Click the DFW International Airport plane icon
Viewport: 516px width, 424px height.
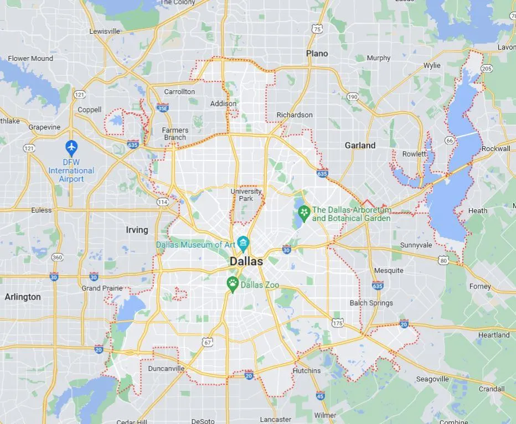coord(71,147)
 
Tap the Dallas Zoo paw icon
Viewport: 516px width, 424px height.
coord(233,285)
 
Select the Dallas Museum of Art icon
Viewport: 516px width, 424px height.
coord(242,243)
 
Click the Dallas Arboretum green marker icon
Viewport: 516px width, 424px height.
coord(303,212)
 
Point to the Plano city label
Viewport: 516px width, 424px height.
coord(317,54)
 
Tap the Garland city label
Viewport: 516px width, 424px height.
coord(360,146)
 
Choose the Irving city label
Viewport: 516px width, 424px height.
coord(137,230)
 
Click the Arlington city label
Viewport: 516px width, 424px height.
coord(23,297)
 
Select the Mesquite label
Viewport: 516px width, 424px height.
coord(389,271)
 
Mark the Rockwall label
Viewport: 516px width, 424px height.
coord(496,148)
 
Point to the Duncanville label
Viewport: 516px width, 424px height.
coord(166,368)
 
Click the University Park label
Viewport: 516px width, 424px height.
coord(246,195)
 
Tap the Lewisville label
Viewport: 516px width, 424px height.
coord(105,32)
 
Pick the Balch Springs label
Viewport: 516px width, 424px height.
coord(371,303)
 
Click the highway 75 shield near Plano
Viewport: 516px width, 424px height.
coord(317,28)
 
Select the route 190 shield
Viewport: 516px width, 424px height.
coord(353,97)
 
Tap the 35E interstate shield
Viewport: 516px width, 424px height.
coord(163,108)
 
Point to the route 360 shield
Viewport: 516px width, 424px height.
coord(57,257)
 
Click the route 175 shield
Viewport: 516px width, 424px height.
coord(337,323)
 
